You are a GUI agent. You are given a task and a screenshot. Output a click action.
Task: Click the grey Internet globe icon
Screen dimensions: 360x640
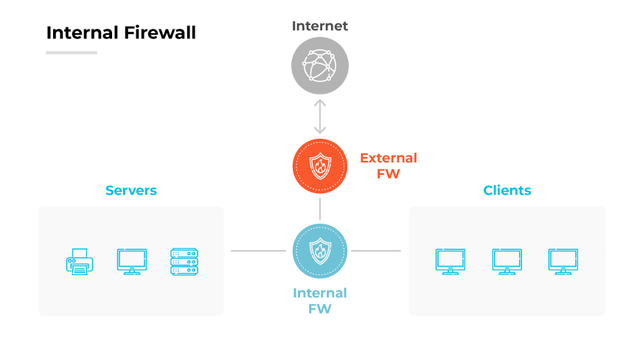(x=320, y=66)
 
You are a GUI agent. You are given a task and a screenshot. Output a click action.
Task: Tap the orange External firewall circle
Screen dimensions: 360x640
(x=320, y=166)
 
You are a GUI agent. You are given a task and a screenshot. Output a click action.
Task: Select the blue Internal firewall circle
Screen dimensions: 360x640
(x=320, y=251)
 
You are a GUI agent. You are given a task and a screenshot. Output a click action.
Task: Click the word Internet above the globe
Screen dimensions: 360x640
(x=320, y=27)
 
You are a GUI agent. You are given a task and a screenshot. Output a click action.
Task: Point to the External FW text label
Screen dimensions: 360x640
(x=388, y=166)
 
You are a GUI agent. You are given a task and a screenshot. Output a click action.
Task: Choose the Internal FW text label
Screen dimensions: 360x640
(x=320, y=300)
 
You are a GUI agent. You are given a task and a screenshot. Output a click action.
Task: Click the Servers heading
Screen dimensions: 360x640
(x=131, y=190)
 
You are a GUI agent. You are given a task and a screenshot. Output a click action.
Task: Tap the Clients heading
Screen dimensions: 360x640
(x=507, y=190)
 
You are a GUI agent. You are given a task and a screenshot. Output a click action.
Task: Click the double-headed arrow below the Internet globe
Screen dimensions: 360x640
(x=320, y=117)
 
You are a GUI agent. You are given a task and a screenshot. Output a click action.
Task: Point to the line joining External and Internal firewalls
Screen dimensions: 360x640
(x=320, y=208)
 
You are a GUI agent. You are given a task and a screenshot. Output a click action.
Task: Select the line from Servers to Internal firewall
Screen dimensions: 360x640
(x=258, y=251)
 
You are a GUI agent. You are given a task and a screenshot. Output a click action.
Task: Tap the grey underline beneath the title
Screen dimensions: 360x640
(x=72, y=52)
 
